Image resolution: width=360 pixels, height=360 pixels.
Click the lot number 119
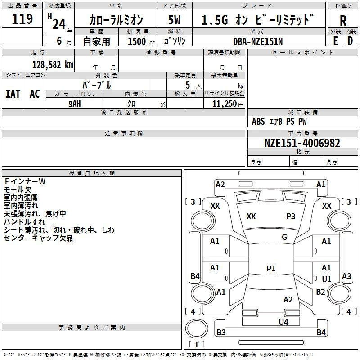(22, 18)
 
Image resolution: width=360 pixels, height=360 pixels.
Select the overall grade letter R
(343, 21)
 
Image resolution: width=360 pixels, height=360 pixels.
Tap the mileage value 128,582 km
(53, 65)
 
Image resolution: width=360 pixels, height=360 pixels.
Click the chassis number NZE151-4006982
(302, 143)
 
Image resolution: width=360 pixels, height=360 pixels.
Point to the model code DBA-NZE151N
(257, 41)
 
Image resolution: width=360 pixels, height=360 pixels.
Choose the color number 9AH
(75, 104)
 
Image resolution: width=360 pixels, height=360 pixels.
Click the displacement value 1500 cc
(141, 41)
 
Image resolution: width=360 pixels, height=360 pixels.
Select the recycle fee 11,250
(224, 104)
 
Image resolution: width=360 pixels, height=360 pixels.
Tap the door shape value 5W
(174, 20)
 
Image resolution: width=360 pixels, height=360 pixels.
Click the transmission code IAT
(13, 94)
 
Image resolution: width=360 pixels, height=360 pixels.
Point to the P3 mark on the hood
(291, 216)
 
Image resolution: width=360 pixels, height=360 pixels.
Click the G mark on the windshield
(284, 237)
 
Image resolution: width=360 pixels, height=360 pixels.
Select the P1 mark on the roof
(271, 268)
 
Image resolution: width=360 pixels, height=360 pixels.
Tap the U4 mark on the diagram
(283, 322)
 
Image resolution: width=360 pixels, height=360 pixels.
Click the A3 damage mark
(346, 276)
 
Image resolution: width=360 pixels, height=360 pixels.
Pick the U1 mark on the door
(327, 279)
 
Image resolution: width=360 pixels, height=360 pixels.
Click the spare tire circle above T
(197, 329)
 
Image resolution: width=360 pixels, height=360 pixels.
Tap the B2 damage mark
(320, 292)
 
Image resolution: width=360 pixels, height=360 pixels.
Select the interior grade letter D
(350, 41)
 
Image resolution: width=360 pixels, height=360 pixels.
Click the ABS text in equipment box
(258, 121)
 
